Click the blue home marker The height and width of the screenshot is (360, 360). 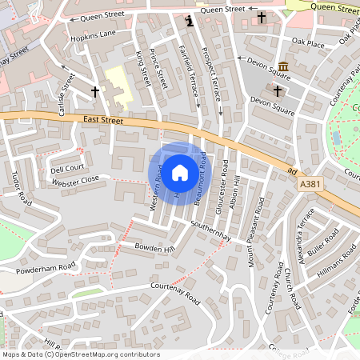pyautogui.click(x=180, y=171)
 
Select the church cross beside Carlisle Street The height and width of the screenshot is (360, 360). pyautogui.click(x=95, y=92)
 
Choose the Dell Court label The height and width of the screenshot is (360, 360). pyautogui.click(x=67, y=169)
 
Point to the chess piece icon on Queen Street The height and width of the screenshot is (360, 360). pyautogui.click(x=189, y=21)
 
